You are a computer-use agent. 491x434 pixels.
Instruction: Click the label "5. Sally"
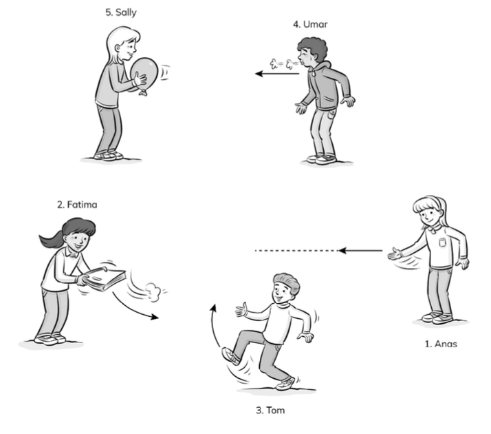pyautogui.click(x=121, y=12)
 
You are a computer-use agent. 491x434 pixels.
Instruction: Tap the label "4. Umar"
pyautogui.click(x=310, y=25)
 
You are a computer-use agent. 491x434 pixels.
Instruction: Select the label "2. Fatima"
pyautogui.click(x=77, y=205)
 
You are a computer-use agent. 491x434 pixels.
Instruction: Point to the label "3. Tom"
pyautogui.click(x=270, y=410)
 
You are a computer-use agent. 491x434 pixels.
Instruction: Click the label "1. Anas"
pyautogui.click(x=441, y=344)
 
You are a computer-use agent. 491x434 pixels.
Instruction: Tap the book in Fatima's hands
pyautogui.click(x=105, y=278)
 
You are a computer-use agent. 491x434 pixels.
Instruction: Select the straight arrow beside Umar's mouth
pyautogui.click(x=277, y=74)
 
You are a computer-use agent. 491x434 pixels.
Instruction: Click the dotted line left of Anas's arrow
pyautogui.click(x=296, y=251)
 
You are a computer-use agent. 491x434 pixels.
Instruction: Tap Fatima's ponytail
pyautogui.click(x=52, y=240)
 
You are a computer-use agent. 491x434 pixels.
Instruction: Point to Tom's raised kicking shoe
pyautogui.click(x=231, y=356)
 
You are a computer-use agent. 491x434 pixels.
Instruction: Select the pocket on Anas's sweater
pyautogui.click(x=442, y=242)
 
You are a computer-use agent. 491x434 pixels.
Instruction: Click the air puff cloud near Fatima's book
pyautogui.click(x=153, y=291)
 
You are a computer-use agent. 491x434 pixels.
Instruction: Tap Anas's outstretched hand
pyautogui.click(x=395, y=254)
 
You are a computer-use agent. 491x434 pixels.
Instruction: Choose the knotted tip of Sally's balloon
pyautogui.click(x=143, y=92)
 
